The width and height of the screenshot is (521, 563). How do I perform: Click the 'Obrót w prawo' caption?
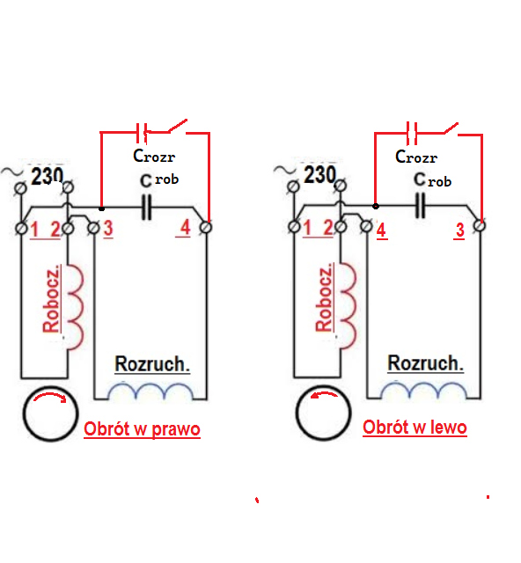click(x=142, y=429)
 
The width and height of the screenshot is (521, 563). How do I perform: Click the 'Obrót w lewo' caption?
click(x=415, y=428)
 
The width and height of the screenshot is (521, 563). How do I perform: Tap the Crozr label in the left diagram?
click(x=154, y=156)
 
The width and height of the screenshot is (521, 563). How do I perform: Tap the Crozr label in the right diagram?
click(x=416, y=157)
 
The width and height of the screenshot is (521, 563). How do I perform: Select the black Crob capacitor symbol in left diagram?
click(x=146, y=208)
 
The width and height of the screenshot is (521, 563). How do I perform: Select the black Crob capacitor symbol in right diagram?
click(x=421, y=206)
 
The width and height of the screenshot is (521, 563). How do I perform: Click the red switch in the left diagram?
click(x=177, y=127)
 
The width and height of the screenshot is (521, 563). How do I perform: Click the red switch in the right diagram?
click(x=451, y=129)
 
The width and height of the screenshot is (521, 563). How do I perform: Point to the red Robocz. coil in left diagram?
click(x=75, y=307)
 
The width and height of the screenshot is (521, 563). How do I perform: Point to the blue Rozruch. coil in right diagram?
click(x=423, y=391)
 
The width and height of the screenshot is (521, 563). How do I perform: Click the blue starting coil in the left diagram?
click(x=150, y=391)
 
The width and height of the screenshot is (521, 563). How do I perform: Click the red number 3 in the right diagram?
click(x=460, y=230)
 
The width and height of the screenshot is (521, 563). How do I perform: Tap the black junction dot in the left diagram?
click(x=102, y=208)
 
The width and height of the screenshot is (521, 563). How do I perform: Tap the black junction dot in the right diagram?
click(x=376, y=206)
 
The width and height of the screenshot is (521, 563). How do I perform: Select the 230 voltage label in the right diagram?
click(x=320, y=174)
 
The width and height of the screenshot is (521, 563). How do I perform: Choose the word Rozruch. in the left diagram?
click(x=152, y=364)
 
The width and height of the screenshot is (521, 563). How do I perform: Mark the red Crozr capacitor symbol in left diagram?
click(x=142, y=133)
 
